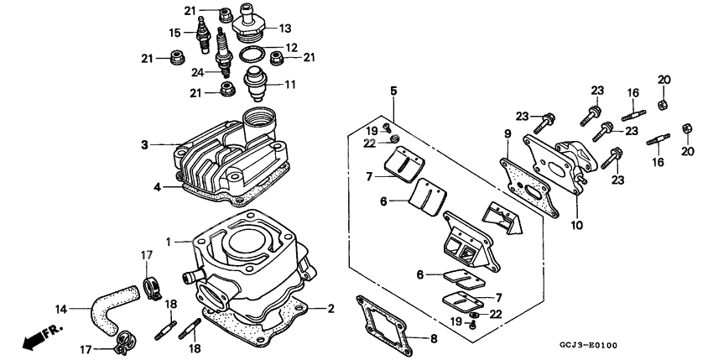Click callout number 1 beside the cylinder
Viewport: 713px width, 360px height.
coord(169,242)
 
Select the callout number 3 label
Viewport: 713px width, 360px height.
coord(145,144)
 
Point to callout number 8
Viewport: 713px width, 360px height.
coord(434,340)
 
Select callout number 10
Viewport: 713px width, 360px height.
coord(577,226)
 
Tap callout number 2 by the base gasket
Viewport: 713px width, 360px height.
coord(330,309)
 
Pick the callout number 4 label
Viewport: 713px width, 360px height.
coord(156,186)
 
